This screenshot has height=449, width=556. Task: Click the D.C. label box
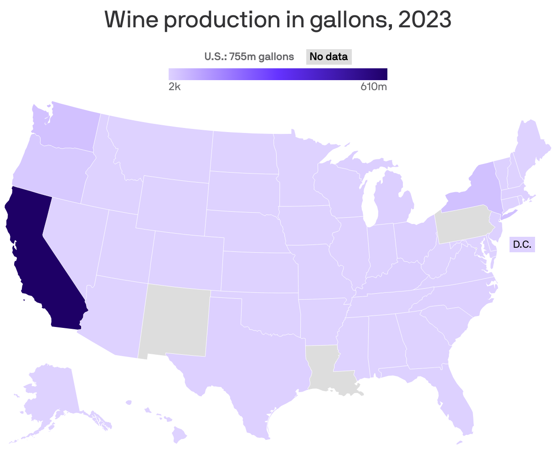click(522, 245)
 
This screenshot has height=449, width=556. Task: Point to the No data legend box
click(329, 57)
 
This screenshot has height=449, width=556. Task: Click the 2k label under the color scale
click(175, 87)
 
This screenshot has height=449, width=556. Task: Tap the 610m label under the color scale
click(374, 87)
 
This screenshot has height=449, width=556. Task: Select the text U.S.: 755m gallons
click(249, 57)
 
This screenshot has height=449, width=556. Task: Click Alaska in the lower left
click(50, 396)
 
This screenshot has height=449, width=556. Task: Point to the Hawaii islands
click(180, 435)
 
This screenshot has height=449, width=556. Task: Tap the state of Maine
click(531, 146)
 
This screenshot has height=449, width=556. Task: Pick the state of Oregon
click(50, 168)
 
